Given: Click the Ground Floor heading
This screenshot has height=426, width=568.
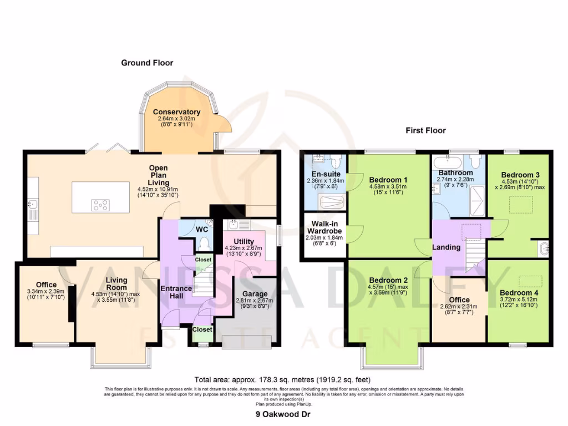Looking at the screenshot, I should pyautogui.click(x=147, y=63).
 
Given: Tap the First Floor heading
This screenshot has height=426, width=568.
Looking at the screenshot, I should pyautogui.click(x=425, y=130).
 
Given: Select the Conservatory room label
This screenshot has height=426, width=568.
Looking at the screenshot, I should pyautogui.click(x=176, y=112).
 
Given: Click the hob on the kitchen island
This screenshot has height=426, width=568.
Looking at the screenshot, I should pyautogui.click(x=100, y=205).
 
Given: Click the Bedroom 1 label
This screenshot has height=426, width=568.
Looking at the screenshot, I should pyautogui.click(x=388, y=179).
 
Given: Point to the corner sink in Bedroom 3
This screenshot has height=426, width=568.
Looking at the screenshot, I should pyautogui.click(x=543, y=248).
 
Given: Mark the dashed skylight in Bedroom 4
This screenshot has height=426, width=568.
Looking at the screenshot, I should pyautogui.click(x=530, y=280).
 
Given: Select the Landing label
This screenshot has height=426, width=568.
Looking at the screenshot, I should pyautogui.click(x=446, y=247).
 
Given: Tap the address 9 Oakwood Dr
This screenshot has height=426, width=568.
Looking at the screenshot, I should pyautogui.click(x=283, y=414).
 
